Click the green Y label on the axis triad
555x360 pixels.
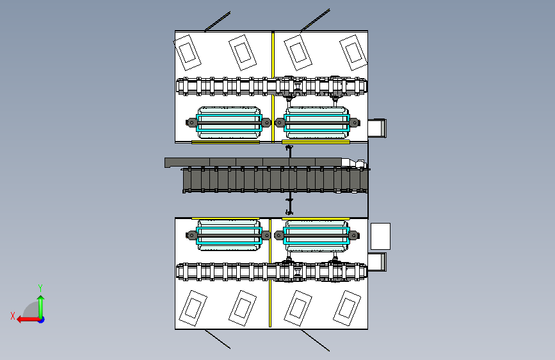click(x=40, y=288)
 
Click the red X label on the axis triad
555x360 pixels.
click(x=13, y=316)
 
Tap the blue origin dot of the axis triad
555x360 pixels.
click(x=42, y=320)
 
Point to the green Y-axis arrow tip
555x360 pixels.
click(x=41, y=296)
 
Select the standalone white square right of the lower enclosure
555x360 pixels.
click(x=380, y=236)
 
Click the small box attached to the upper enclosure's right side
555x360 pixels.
click(x=377, y=128)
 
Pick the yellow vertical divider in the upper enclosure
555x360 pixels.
click(x=273, y=87)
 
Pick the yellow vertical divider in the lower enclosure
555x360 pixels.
click(x=270, y=273)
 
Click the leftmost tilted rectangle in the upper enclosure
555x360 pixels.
click(x=188, y=53)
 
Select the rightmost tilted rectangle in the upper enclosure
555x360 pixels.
click(x=353, y=53)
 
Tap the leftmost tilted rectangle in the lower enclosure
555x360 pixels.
click(x=193, y=308)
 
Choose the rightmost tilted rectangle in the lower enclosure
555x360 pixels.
click(x=347, y=308)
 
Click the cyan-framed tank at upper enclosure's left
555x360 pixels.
click(x=229, y=122)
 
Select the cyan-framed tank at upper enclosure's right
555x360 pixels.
click(x=317, y=122)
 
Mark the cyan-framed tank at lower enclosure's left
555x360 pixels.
click(x=229, y=235)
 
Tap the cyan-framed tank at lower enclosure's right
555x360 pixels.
click(x=317, y=235)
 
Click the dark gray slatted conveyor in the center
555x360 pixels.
click(x=275, y=181)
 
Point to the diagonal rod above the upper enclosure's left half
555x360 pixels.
click(x=218, y=22)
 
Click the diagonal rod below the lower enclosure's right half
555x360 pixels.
click(x=316, y=340)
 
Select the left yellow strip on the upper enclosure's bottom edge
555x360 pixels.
click(x=225, y=142)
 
